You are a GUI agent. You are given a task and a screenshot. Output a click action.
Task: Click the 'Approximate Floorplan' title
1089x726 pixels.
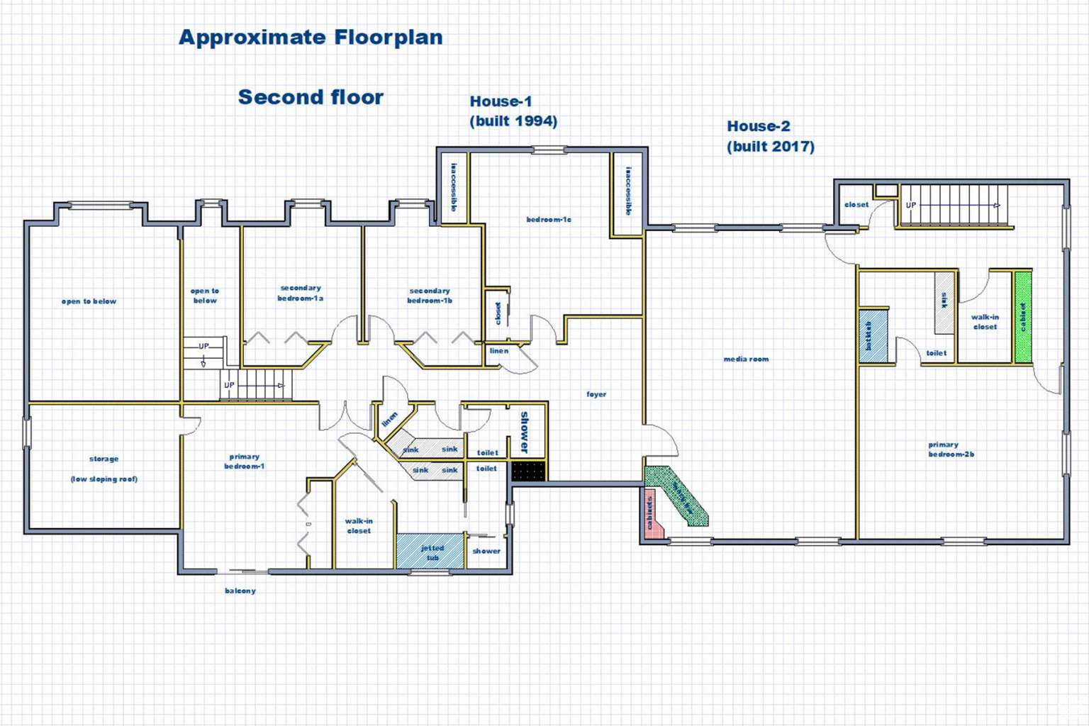(x=311, y=38)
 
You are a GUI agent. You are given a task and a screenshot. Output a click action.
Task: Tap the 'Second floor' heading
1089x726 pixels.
(x=311, y=97)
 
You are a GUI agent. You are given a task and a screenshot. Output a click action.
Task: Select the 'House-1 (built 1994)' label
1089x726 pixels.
(x=513, y=111)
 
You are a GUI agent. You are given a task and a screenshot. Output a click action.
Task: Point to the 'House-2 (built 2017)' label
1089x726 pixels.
(x=770, y=136)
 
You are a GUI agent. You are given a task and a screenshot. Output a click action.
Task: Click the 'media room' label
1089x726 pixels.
(x=746, y=359)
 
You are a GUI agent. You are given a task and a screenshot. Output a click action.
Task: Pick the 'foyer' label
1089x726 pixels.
(x=596, y=394)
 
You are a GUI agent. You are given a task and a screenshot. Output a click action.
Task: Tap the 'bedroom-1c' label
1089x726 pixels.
(x=549, y=220)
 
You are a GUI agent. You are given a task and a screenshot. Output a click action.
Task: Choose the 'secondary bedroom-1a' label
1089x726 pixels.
(x=301, y=294)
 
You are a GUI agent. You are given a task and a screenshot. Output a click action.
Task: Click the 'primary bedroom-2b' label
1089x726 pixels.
(x=951, y=449)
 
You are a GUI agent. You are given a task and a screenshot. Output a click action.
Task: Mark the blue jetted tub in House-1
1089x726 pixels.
(x=431, y=552)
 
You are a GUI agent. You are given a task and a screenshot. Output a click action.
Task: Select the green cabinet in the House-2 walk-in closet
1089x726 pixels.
(x=1022, y=317)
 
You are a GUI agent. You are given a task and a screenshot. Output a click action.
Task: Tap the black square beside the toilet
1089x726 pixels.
(x=528, y=471)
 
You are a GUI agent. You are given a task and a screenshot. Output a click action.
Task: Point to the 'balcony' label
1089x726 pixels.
(x=240, y=591)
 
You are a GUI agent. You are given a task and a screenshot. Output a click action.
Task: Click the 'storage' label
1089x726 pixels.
(x=104, y=459)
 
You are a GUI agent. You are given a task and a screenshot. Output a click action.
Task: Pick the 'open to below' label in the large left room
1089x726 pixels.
(x=89, y=301)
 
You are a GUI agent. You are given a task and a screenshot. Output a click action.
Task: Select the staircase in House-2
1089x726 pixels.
(x=954, y=206)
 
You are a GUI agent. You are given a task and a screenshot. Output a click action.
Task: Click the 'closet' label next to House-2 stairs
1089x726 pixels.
(x=856, y=205)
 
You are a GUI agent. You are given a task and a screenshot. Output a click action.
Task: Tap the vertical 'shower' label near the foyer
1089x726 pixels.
(x=525, y=432)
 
